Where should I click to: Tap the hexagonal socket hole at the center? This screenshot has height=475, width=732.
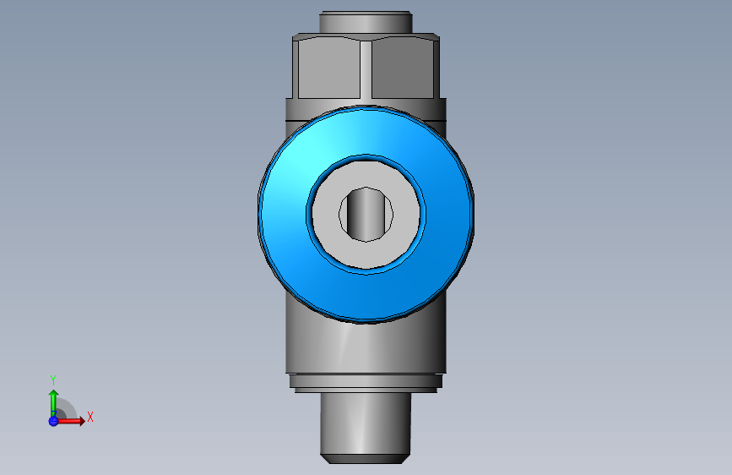pyautogui.click(x=366, y=212)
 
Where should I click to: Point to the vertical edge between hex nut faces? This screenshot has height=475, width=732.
pyautogui.click(x=366, y=69)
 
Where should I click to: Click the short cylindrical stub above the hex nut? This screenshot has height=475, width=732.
pyautogui.click(x=366, y=22)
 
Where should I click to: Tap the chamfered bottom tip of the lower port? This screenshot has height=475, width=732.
pyautogui.click(x=365, y=458)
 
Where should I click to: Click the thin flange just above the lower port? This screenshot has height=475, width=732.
pyautogui.click(x=365, y=382)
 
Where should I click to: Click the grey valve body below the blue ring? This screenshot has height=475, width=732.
pyautogui.click(x=365, y=347)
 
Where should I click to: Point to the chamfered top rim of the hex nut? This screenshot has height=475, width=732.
pyautogui.click(x=366, y=37)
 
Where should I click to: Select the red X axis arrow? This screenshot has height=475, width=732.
pyautogui.click(x=73, y=420)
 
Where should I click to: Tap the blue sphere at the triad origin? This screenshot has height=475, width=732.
pyautogui.click(x=53, y=420)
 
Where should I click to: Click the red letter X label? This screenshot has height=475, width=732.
pyautogui.click(x=89, y=417)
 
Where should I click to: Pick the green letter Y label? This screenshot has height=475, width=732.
pyautogui.click(x=53, y=379)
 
